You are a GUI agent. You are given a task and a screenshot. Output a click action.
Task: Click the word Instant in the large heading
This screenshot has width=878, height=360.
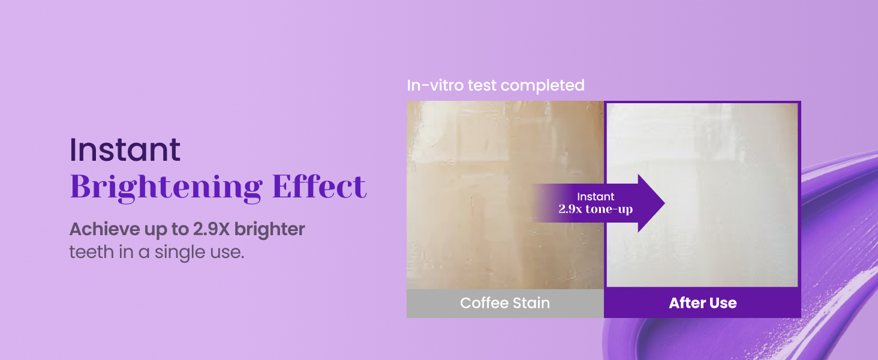[x=125, y=149]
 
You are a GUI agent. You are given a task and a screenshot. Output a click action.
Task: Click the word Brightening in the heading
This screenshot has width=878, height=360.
[x=166, y=188]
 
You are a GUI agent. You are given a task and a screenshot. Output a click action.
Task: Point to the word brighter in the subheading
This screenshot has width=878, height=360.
[x=270, y=229]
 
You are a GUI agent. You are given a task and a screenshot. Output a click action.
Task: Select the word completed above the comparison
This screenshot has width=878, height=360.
[x=543, y=86]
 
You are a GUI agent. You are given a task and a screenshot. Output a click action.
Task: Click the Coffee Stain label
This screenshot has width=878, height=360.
[x=505, y=303]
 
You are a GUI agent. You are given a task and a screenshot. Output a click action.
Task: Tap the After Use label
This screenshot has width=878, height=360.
[x=703, y=303]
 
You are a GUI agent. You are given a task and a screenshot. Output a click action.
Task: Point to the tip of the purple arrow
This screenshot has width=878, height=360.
[x=664, y=203]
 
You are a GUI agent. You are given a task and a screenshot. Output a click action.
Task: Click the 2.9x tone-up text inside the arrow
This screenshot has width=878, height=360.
[x=596, y=209]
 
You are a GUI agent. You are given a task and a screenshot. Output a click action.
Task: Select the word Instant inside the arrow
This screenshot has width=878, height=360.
[x=596, y=197]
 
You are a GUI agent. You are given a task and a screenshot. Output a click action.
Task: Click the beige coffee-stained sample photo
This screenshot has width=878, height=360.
[x=505, y=195]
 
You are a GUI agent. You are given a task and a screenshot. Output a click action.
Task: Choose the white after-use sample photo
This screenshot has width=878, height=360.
[x=702, y=195]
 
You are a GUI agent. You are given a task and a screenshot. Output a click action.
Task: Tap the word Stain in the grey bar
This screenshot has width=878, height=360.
[x=531, y=303]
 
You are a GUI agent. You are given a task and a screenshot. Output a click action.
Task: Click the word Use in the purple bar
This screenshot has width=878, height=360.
[x=723, y=303]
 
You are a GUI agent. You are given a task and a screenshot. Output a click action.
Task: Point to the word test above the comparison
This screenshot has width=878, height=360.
[x=482, y=86]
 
